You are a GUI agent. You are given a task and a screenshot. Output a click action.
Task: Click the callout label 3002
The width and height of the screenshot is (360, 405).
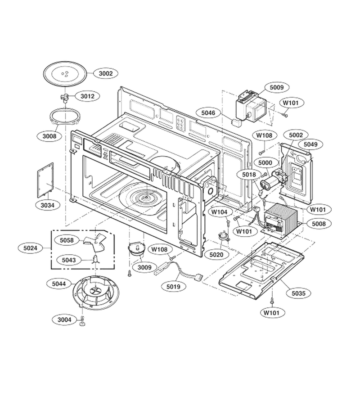coord(106,73)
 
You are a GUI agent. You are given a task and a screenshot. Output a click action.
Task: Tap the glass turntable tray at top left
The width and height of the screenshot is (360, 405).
coord(64,74)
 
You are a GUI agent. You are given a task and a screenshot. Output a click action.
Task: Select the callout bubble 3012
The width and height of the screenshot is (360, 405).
coord(88,96)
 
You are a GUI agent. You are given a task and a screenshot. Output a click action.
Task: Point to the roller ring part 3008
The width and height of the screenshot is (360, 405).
coord(64,117)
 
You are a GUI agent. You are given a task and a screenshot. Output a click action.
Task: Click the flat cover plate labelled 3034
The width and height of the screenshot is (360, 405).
coord(45,180)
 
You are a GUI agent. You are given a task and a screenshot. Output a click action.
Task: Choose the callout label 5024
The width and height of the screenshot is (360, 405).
coord(31,248)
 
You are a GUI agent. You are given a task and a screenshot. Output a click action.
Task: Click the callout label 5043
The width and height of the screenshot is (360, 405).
coord(69,260)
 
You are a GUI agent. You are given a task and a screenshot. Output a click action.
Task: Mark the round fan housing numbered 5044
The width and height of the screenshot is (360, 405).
coord(96,292)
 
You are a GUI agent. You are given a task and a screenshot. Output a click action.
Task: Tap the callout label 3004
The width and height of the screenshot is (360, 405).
coord(64,320)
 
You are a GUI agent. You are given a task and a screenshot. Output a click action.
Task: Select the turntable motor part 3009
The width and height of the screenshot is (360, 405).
coord(136,249)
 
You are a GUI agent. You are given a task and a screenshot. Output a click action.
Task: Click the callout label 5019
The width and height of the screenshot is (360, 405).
coord(174,287)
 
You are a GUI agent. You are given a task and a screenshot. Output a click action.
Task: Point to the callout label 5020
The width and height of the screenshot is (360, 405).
coord(216,255)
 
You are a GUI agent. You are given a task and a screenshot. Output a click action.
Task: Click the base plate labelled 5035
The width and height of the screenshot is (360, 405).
coord(261,270)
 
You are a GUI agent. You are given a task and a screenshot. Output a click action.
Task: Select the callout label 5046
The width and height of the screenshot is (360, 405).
coord(208,113)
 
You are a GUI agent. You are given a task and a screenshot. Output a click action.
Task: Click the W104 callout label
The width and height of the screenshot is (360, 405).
coord(220,212)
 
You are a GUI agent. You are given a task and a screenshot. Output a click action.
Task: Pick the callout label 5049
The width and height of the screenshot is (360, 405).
coord(310,144)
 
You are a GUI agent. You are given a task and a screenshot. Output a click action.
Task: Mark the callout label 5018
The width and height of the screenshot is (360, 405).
coord(249,175)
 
